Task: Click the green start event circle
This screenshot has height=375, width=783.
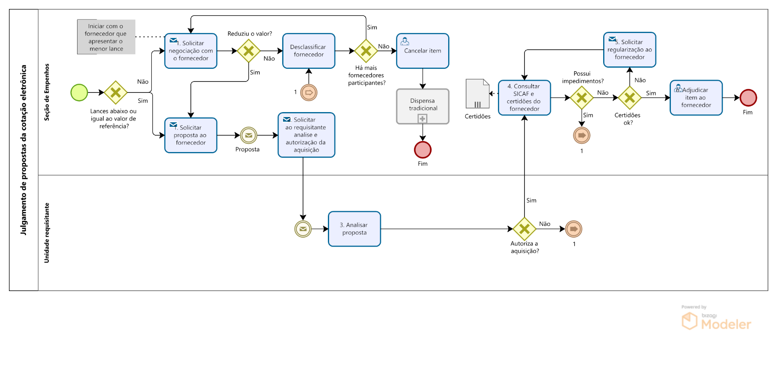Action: (79, 93)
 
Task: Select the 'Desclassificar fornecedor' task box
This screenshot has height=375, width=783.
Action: (309, 51)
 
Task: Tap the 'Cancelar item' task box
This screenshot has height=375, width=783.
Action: (422, 51)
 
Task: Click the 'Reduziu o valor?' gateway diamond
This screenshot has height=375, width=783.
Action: (249, 51)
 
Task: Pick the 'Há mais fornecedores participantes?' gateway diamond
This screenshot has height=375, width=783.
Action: (366, 51)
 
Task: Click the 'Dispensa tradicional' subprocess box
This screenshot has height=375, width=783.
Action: (422, 106)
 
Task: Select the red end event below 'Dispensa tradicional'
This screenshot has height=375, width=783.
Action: (422, 150)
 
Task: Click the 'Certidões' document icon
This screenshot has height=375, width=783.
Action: (477, 94)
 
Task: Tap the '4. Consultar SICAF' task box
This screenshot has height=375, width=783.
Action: (524, 98)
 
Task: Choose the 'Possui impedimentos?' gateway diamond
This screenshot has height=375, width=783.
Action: (582, 98)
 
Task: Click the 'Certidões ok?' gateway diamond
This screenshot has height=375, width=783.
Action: (630, 98)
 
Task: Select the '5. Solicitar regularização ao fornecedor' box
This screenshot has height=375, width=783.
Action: (630, 50)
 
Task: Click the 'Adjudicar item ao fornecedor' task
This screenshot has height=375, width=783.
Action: (696, 98)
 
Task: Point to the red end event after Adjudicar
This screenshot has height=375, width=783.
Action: (748, 98)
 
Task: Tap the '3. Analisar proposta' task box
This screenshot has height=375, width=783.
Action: (354, 229)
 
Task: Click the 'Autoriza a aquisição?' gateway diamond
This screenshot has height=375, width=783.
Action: (524, 229)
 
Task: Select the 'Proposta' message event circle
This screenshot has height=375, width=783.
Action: (248, 135)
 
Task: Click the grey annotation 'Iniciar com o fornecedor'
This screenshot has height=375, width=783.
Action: (106, 37)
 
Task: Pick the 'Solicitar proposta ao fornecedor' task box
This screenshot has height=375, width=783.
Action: (191, 135)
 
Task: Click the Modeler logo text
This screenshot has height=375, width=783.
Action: (726, 324)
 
